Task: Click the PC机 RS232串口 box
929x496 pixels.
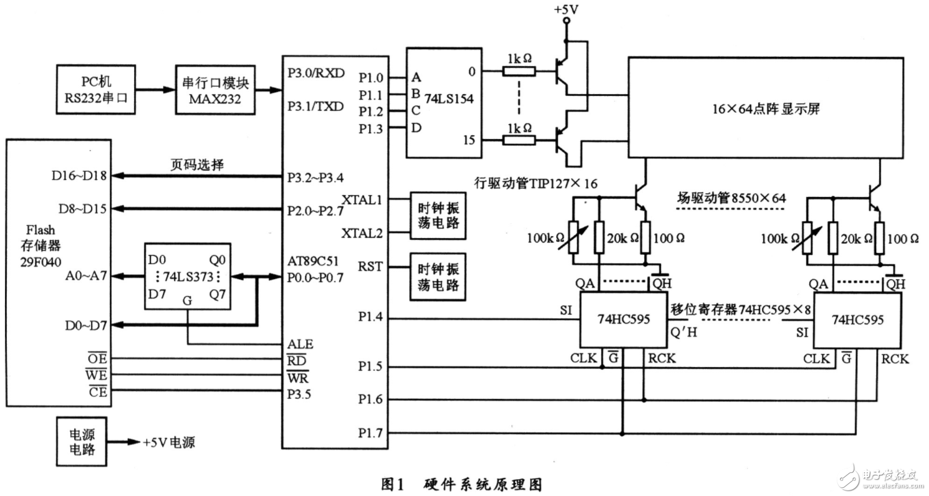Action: (x=95, y=90)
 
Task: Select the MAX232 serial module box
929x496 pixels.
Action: (x=215, y=90)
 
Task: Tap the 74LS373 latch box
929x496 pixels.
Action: (x=187, y=275)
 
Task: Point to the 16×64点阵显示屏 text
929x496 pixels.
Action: (x=766, y=108)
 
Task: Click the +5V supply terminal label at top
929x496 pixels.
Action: (x=566, y=9)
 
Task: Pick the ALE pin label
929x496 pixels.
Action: (x=301, y=344)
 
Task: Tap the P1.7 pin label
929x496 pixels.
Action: (x=372, y=432)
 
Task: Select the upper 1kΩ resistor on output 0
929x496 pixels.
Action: (x=519, y=72)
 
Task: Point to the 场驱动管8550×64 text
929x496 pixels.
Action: (x=731, y=198)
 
